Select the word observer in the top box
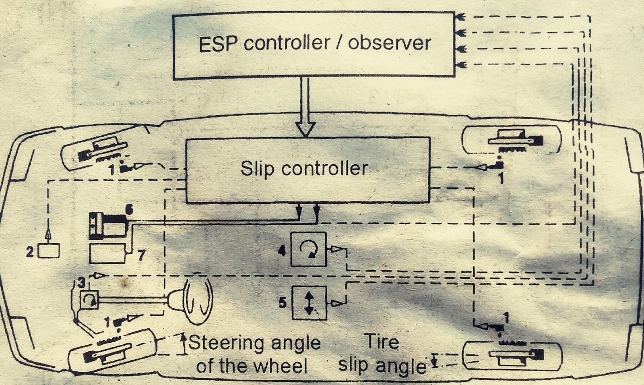click(x=389, y=43)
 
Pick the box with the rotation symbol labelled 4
click(x=308, y=250)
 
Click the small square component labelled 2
click(x=49, y=251)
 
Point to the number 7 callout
click(x=141, y=255)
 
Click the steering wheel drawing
click(x=197, y=298)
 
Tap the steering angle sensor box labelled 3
click(x=89, y=300)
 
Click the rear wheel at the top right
click(x=512, y=140)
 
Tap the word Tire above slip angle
click(x=382, y=342)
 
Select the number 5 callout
click(x=283, y=302)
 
